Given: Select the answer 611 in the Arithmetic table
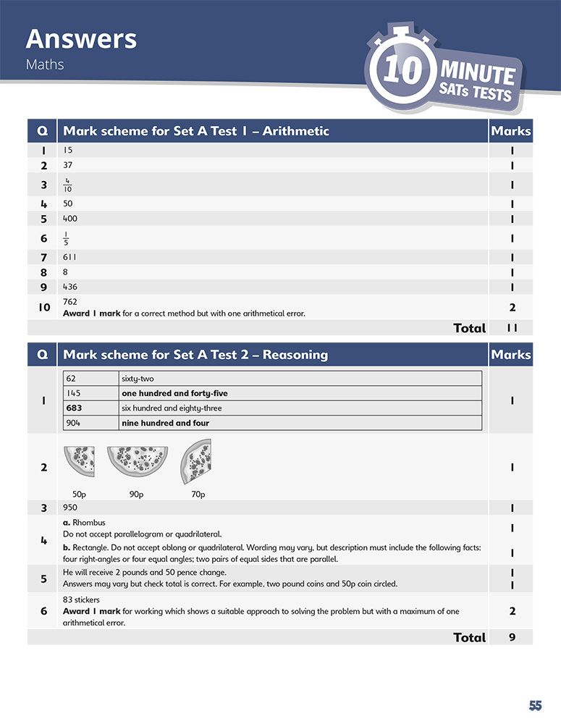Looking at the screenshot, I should [x=69, y=257].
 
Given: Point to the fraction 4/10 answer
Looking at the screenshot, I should [x=67, y=185].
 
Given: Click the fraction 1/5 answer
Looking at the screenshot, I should [x=67, y=238].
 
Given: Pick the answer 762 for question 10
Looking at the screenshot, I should [x=70, y=302].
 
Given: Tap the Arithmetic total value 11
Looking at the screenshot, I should [x=512, y=328].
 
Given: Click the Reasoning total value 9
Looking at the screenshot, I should [x=512, y=637].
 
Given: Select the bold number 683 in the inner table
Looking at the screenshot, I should [x=74, y=408].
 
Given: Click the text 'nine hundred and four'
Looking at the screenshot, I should [x=165, y=423].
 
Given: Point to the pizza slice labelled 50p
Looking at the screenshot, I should [x=80, y=461].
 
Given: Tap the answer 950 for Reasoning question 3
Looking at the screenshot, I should [x=71, y=508].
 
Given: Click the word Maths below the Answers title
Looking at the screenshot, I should [x=45, y=64].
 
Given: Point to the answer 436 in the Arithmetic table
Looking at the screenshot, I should [x=70, y=287].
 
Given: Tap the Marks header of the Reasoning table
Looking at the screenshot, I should [x=511, y=355].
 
